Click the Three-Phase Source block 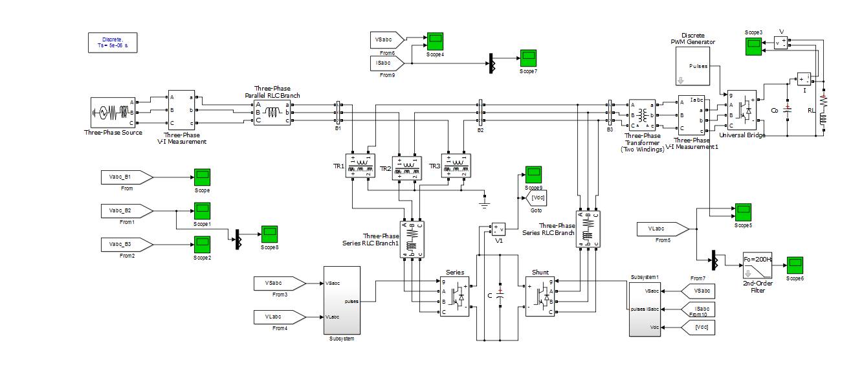coord(112,113)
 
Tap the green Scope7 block coord(529,57)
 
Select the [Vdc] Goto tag coord(535,197)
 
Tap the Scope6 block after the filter coord(795,265)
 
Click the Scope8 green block coord(269,233)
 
